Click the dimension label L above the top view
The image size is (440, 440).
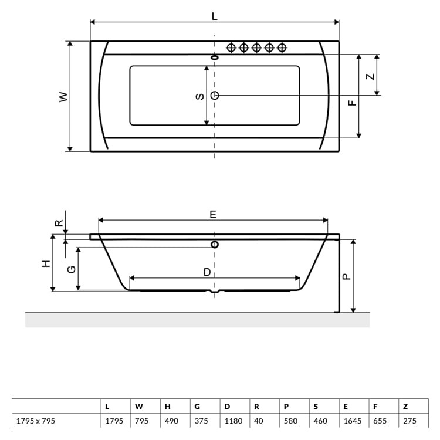pos(214,17)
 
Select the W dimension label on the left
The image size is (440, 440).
pos(63,97)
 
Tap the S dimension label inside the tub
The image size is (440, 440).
pos(199,96)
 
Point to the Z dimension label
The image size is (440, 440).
pos(370,76)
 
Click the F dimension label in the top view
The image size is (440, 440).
pos(351,103)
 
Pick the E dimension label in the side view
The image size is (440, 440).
pos(213,215)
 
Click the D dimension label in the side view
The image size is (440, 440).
pos(207,272)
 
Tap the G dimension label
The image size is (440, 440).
pos(71,269)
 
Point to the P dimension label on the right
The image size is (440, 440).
pos(346,276)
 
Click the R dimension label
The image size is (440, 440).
pos(58,223)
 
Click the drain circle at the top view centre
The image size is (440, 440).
pos(215,95)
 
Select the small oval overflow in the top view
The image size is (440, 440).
pos(215,57)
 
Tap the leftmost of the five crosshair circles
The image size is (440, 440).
pos(231,48)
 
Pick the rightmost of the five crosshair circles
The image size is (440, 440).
pos(282,48)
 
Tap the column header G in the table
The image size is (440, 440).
pos(197,406)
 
